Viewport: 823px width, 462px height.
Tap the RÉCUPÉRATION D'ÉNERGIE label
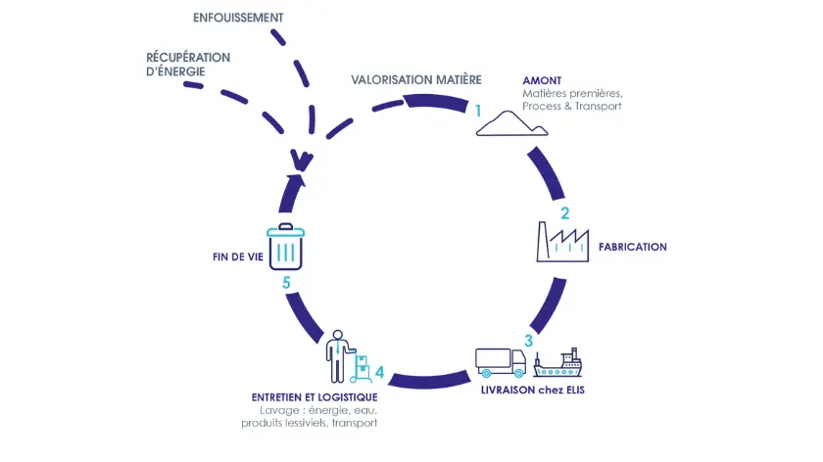188,64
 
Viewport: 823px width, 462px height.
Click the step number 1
478,111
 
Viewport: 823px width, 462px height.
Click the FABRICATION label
632,247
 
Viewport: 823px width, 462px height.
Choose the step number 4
379,373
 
